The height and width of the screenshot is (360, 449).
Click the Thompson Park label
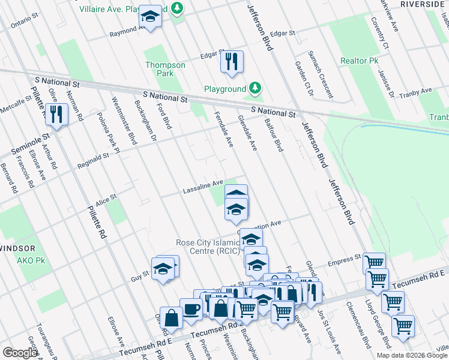pyautogui.click(x=159, y=69)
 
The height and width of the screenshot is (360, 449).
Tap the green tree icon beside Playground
pyautogui.click(x=256, y=89)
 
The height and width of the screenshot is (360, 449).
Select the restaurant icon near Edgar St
pyautogui.click(x=232, y=61)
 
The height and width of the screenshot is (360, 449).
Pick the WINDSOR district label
pyautogui.click(x=17, y=248)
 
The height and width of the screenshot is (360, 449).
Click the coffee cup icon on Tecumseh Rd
pyautogui.click(x=192, y=308)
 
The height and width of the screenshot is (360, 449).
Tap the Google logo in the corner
pyautogui.click(x=20, y=352)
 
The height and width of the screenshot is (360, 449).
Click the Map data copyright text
pyautogui.click(x=412, y=355)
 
